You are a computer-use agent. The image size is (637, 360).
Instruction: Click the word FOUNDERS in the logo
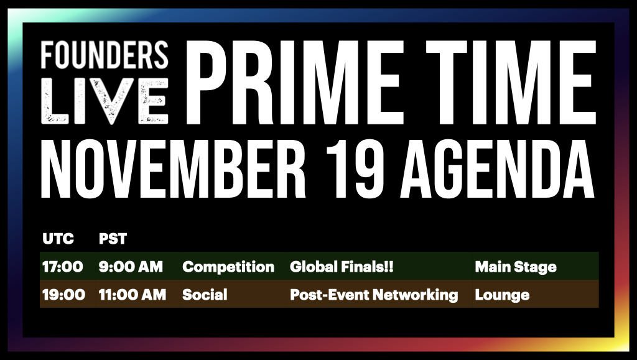(105, 55)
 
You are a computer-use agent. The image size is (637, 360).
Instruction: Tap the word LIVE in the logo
(105, 100)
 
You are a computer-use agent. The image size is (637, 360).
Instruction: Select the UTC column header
(58, 239)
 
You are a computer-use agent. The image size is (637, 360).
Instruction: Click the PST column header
(113, 239)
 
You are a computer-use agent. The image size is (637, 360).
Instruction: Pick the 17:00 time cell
(62, 267)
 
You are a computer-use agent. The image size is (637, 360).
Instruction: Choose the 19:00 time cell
(63, 295)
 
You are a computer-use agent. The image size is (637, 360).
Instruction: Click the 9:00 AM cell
(131, 267)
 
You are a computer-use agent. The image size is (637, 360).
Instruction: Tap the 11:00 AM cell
(133, 295)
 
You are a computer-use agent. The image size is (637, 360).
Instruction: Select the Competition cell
(228, 267)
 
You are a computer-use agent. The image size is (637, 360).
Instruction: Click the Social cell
(205, 295)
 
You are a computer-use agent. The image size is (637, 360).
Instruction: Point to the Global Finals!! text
(342, 267)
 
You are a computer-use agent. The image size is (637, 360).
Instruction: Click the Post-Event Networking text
(374, 295)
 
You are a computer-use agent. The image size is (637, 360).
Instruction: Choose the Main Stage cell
(516, 267)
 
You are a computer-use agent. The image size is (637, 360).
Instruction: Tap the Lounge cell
(502, 295)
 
